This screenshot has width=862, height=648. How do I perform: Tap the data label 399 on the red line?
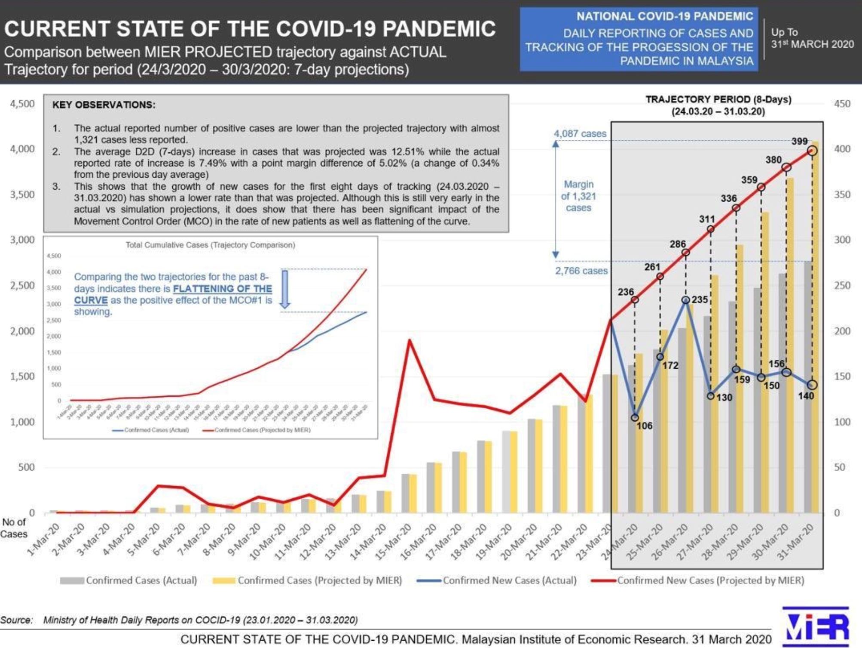[x=799, y=141]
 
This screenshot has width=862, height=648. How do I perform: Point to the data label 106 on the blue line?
[x=644, y=426]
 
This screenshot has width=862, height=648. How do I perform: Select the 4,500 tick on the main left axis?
[x=22, y=104]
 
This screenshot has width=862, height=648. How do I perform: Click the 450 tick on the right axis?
[x=842, y=104]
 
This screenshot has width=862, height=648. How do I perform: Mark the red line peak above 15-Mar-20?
[x=410, y=340]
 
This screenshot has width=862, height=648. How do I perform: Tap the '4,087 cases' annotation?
[x=580, y=134]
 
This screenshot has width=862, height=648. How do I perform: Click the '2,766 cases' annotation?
[x=581, y=271]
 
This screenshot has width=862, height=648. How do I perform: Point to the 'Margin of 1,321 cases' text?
[x=578, y=196]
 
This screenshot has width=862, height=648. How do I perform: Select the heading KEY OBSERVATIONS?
[x=104, y=105]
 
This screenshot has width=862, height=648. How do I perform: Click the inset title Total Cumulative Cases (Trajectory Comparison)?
[x=210, y=245]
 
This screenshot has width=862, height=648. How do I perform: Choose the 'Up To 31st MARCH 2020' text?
[x=812, y=38]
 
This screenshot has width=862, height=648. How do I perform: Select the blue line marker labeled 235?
[x=686, y=300]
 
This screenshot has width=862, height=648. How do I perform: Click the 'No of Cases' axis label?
[x=14, y=528]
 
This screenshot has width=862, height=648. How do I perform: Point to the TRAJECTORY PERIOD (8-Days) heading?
[x=718, y=99]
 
